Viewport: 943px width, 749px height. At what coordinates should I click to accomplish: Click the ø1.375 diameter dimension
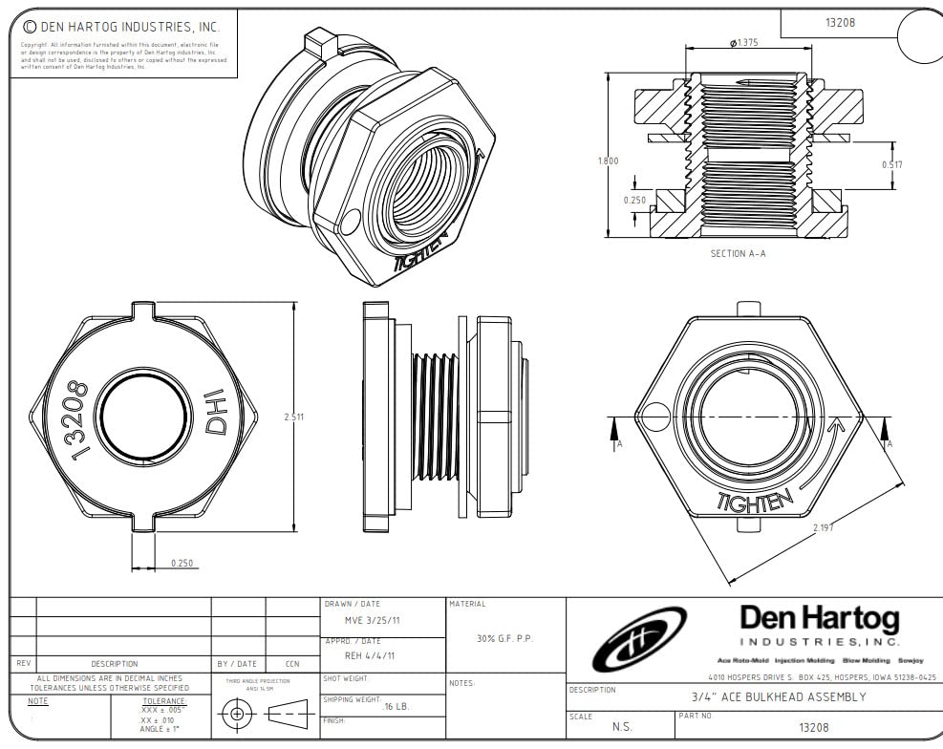(745, 43)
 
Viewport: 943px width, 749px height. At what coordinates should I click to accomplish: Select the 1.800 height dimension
(608, 160)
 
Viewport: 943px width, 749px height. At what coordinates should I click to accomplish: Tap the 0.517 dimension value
(891, 164)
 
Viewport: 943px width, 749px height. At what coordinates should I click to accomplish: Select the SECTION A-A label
(738, 253)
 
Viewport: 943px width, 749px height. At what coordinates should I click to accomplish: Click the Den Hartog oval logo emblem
(638, 639)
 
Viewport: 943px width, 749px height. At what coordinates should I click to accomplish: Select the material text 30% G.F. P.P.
(504, 638)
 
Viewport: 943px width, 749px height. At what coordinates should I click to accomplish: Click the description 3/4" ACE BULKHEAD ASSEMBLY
(778, 696)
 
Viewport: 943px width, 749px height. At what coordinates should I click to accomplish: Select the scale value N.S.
(622, 727)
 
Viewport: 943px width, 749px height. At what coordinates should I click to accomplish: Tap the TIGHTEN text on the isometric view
(421, 255)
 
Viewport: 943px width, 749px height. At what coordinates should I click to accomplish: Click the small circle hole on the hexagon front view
(656, 416)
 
